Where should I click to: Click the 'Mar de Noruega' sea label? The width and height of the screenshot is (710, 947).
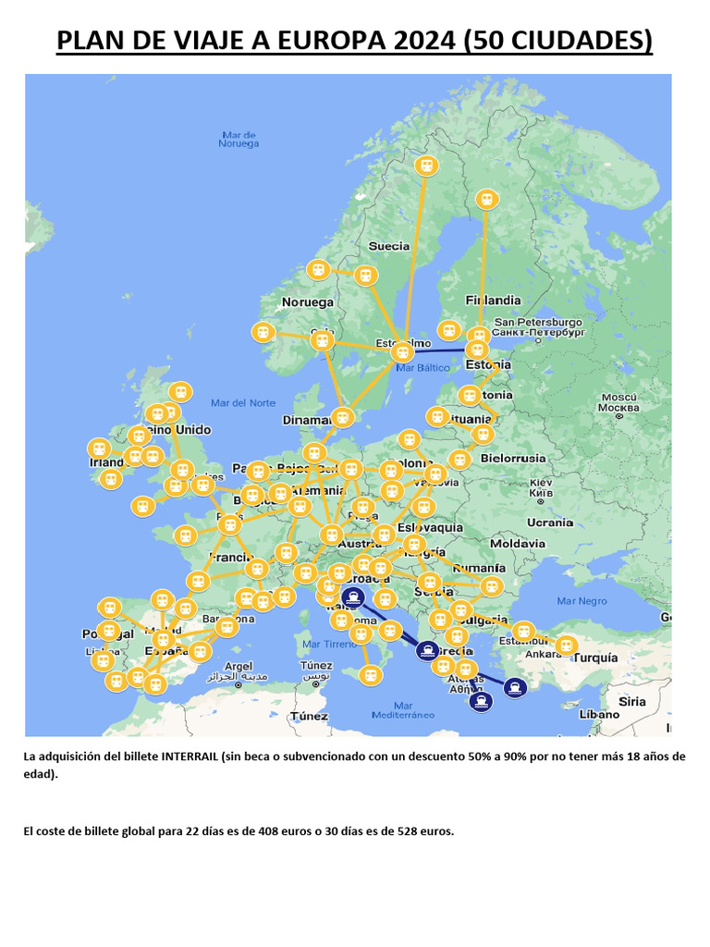[x=239, y=140]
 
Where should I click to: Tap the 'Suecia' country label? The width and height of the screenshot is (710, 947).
[x=388, y=246]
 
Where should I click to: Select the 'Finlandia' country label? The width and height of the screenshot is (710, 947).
[x=493, y=301]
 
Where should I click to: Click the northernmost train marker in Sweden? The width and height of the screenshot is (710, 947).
[x=426, y=166]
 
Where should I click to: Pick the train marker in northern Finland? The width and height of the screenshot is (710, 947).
[x=486, y=199]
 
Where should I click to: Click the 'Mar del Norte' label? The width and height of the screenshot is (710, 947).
[x=243, y=403]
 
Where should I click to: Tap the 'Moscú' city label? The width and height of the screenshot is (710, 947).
[x=618, y=402]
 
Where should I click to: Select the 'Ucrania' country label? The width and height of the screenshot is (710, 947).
[x=550, y=523]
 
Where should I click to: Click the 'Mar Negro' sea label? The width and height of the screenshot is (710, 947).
[x=581, y=601]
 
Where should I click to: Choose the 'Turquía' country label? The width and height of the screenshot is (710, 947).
[x=595, y=658]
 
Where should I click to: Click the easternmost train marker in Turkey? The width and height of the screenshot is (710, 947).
[x=566, y=645]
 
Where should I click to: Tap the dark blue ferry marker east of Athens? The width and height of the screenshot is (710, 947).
[x=515, y=686]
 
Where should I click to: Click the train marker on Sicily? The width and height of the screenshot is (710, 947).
[x=371, y=675]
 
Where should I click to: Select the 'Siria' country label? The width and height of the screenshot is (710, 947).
[x=632, y=702]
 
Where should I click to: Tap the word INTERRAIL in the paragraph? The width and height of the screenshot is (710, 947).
[x=190, y=756]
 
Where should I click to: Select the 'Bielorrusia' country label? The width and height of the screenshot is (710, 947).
[x=514, y=458]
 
